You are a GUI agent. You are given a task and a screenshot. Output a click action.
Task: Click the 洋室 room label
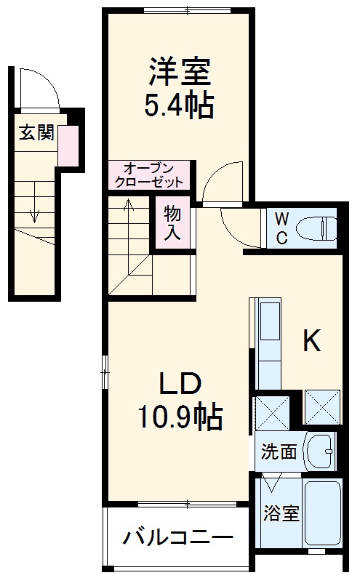(180, 73)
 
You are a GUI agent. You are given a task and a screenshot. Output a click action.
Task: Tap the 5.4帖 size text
(180, 106)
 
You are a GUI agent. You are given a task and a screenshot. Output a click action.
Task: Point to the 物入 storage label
(172, 223)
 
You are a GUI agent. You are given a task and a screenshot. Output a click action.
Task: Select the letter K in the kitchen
(311, 342)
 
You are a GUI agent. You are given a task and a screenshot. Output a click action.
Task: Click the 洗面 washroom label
(279, 451)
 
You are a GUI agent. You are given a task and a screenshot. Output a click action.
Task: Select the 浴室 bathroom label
(280, 513)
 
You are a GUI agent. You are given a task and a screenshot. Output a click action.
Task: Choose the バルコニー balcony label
(178, 539)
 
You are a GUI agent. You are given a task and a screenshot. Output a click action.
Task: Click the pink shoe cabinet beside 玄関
(67, 145)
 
